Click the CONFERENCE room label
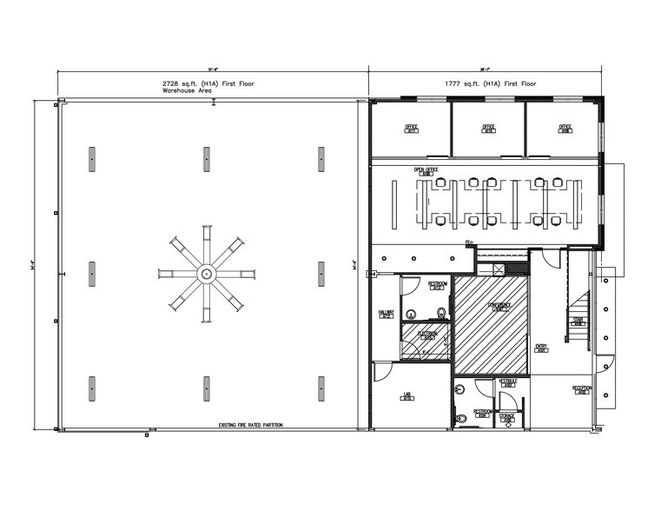(499, 305)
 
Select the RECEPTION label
(581, 388)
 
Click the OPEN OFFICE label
(426, 170)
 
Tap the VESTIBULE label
(508, 382)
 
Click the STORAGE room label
(507, 418)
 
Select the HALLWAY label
(387, 313)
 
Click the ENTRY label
(541, 348)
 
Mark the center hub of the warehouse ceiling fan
(206, 274)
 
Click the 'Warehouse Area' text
(182, 90)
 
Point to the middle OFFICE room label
(488, 128)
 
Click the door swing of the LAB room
(383, 372)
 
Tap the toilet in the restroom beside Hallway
(442, 312)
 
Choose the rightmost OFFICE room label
(565, 128)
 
